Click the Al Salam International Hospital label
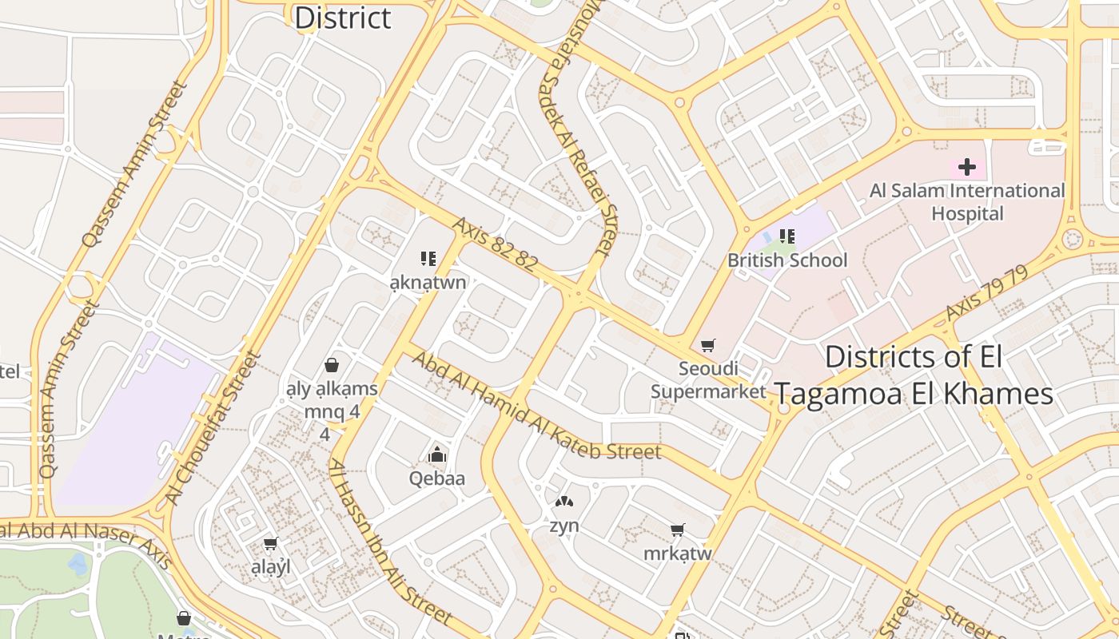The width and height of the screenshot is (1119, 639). [x=967, y=202]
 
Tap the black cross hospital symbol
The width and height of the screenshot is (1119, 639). [x=967, y=167]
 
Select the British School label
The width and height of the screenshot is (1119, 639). [x=786, y=260]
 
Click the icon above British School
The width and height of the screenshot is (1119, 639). [x=786, y=236]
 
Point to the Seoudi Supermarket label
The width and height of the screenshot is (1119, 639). [x=708, y=380]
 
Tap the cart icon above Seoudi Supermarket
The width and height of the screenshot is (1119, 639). [x=707, y=346]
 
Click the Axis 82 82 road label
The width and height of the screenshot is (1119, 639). [x=494, y=244]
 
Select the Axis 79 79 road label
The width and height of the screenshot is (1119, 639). [x=986, y=295]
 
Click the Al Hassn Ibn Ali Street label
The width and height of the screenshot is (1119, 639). [x=390, y=542]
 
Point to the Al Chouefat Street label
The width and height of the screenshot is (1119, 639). [x=214, y=427]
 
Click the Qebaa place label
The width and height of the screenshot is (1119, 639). [x=436, y=478]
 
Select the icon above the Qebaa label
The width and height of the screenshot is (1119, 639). [x=437, y=454]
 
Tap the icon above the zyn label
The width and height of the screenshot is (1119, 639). [x=564, y=502]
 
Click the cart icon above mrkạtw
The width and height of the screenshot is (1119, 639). [x=678, y=530]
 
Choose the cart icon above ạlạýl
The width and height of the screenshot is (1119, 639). [x=270, y=544]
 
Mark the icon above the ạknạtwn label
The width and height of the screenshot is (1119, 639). [x=428, y=258]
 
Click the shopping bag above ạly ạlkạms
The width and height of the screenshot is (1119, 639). [x=332, y=365]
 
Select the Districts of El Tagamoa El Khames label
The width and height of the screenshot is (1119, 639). [x=914, y=375]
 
